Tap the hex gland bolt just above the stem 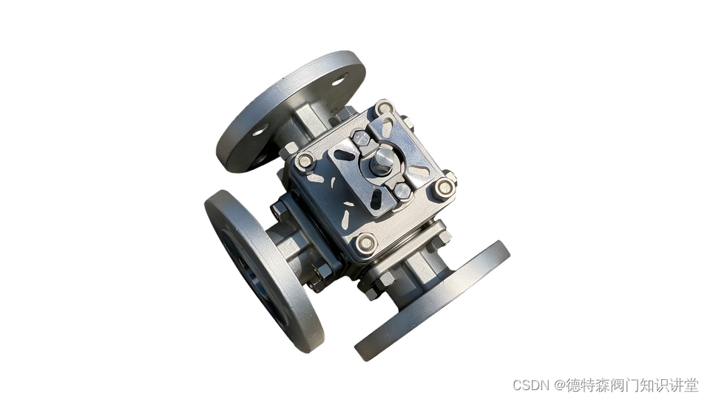[x=362, y=137]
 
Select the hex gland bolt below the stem [x=402, y=191]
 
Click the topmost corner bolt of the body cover [x=385, y=108]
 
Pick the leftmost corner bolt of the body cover [x=305, y=160]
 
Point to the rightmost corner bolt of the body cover [x=444, y=188]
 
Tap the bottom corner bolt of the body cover [x=366, y=243]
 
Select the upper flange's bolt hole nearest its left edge [x=260, y=130]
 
